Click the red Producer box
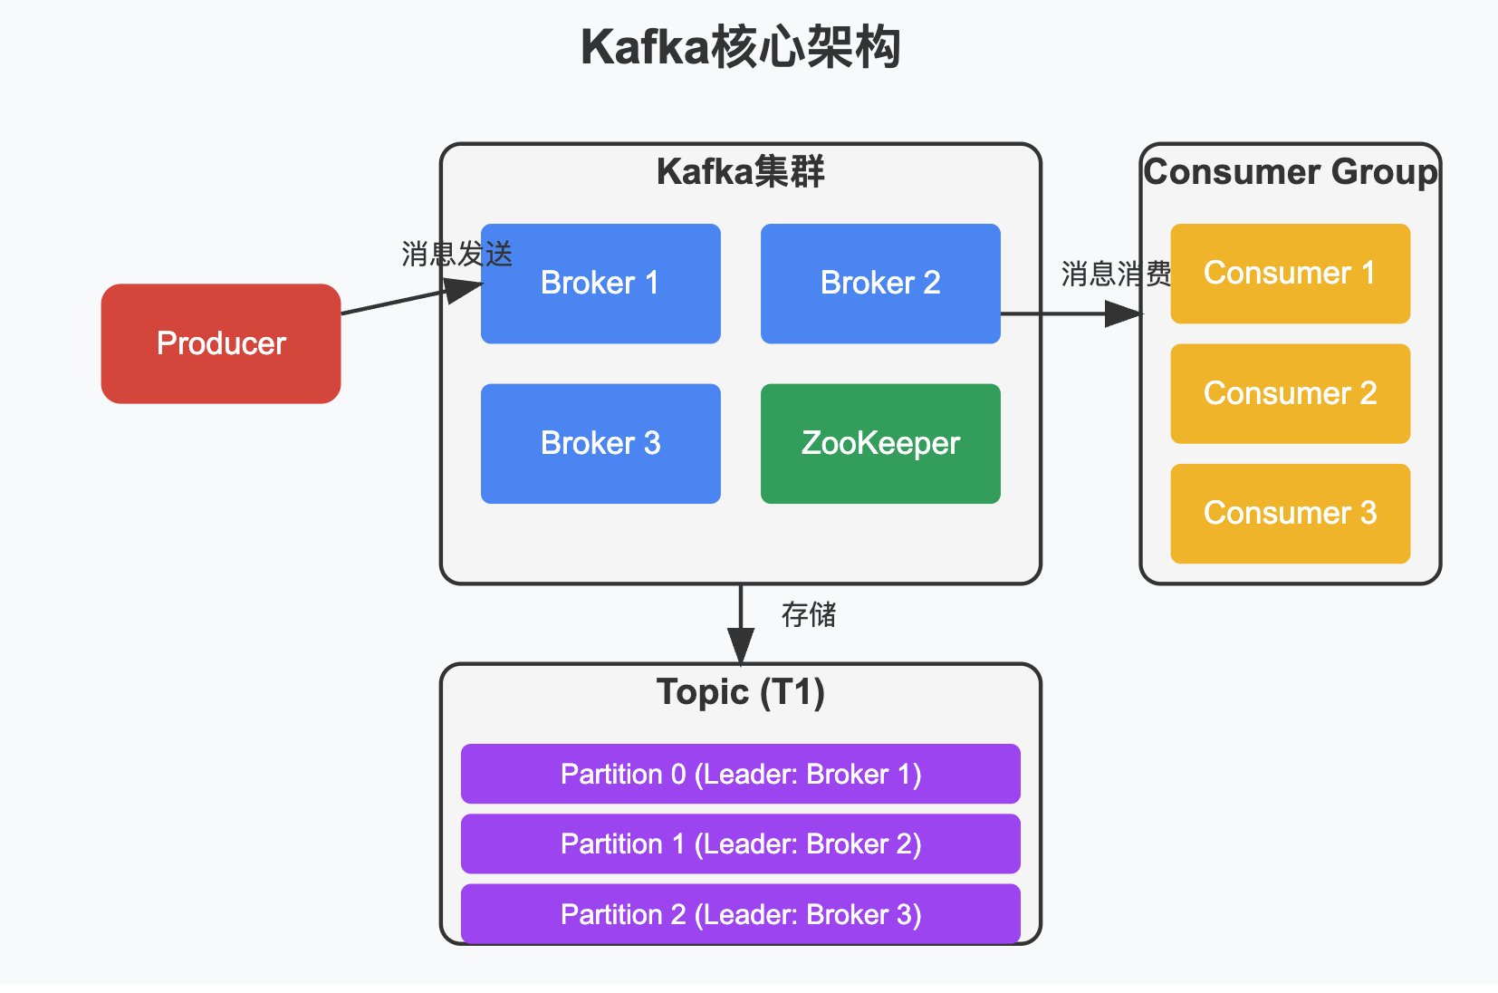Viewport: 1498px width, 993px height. click(221, 343)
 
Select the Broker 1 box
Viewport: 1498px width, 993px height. click(600, 284)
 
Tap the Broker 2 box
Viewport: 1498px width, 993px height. click(880, 284)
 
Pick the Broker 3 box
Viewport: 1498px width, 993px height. click(600, 443)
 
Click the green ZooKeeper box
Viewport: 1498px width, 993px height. click(880, 443)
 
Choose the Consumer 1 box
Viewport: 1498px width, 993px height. click(1290, 274)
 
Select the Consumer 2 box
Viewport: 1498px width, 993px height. click(1290, 393)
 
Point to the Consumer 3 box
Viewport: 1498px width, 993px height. click(1290, 513)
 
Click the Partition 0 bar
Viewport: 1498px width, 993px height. click(741, 774)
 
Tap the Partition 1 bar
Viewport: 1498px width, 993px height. click(741, 844)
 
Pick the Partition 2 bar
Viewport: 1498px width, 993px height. click(741, 914)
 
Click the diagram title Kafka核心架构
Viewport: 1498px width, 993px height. click(741, 47)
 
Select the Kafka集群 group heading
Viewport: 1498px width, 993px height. click(741, 172)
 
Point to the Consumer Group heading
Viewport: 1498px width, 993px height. click(1290, 172)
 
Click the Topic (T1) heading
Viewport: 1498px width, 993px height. click(741, 692)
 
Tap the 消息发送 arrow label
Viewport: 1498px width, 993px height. click(457, 255)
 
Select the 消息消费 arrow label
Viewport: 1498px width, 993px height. click(1116, 274)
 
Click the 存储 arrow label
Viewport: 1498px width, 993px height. click(809, 615)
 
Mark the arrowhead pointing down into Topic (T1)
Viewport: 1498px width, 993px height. click(741, 648)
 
